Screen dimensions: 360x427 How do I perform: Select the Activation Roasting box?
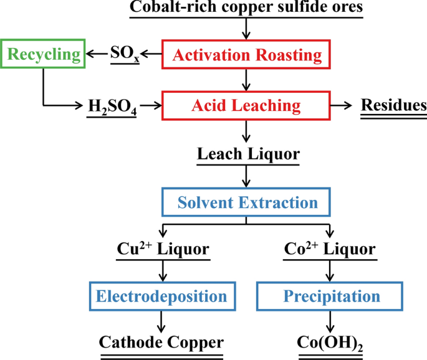click(x=247, y=55)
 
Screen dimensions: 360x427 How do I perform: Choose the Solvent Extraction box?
click(x=247, y=202)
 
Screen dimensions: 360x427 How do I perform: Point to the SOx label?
click(x=124, y=55)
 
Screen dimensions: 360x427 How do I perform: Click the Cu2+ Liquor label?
click(x=163, y=249)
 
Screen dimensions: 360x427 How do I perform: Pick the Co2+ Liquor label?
click(x=331, y=249)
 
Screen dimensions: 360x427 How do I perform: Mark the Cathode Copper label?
click(x=162, y=342)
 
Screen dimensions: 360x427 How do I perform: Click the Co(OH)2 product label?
click(x=331, y=343)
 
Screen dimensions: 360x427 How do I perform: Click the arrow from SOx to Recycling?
click(x=97, y=55)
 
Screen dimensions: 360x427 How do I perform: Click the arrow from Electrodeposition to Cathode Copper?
click(x=163, y=322)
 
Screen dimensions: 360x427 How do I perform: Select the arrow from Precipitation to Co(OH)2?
click(x=331, y=322)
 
